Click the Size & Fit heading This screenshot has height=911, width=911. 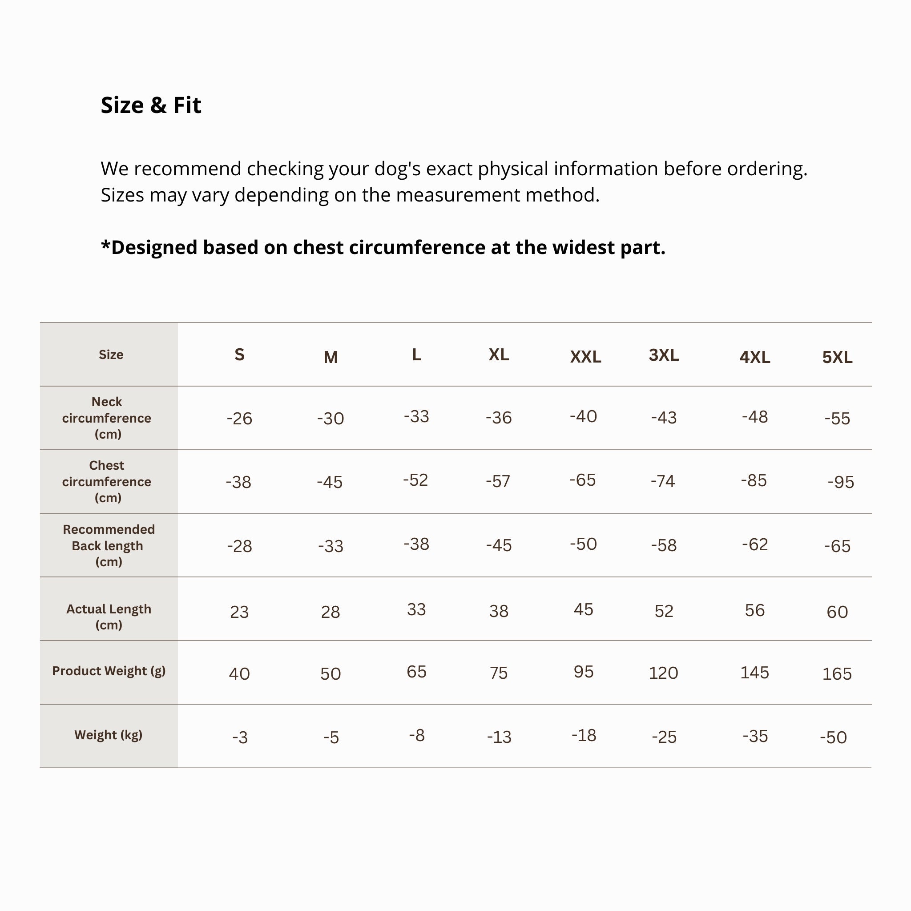tap(151, 105)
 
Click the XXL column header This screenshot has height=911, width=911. tap(585, 357)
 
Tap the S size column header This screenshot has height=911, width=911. tap(240, 355)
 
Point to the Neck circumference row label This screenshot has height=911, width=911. tap(107, 418)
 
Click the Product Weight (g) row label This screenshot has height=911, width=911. tap(109, 670)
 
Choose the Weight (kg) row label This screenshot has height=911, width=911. tap(109, 735)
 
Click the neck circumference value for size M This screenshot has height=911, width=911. tap(331, 419)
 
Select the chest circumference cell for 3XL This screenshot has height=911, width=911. tap(663, 481)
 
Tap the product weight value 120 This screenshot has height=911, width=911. tap(663, 673)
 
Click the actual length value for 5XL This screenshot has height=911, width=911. tap(837, 612)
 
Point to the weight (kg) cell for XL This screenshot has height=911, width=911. tap(499, 737)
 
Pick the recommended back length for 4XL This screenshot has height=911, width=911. tap(754, 544)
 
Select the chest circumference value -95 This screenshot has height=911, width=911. tap(840, 482)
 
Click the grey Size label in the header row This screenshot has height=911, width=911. tap(111, 355)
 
